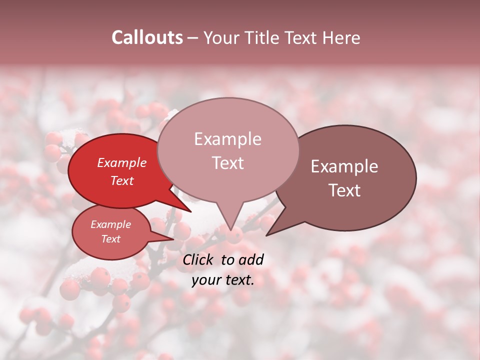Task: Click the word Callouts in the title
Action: [x=147, y=37]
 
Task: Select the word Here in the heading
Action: [x=341, y=37]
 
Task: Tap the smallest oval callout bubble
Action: [x=111, y=232]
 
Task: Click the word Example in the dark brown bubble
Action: [x=344, y=166]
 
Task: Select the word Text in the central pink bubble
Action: [x=227, y=162]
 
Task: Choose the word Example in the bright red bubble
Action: [x=122, y=162]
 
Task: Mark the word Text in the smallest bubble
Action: [x=111, y=239]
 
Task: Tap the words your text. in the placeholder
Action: [x=223, y=280]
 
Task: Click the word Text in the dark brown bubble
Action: [x=345, y=190]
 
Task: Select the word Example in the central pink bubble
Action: [x=227, y=139]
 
